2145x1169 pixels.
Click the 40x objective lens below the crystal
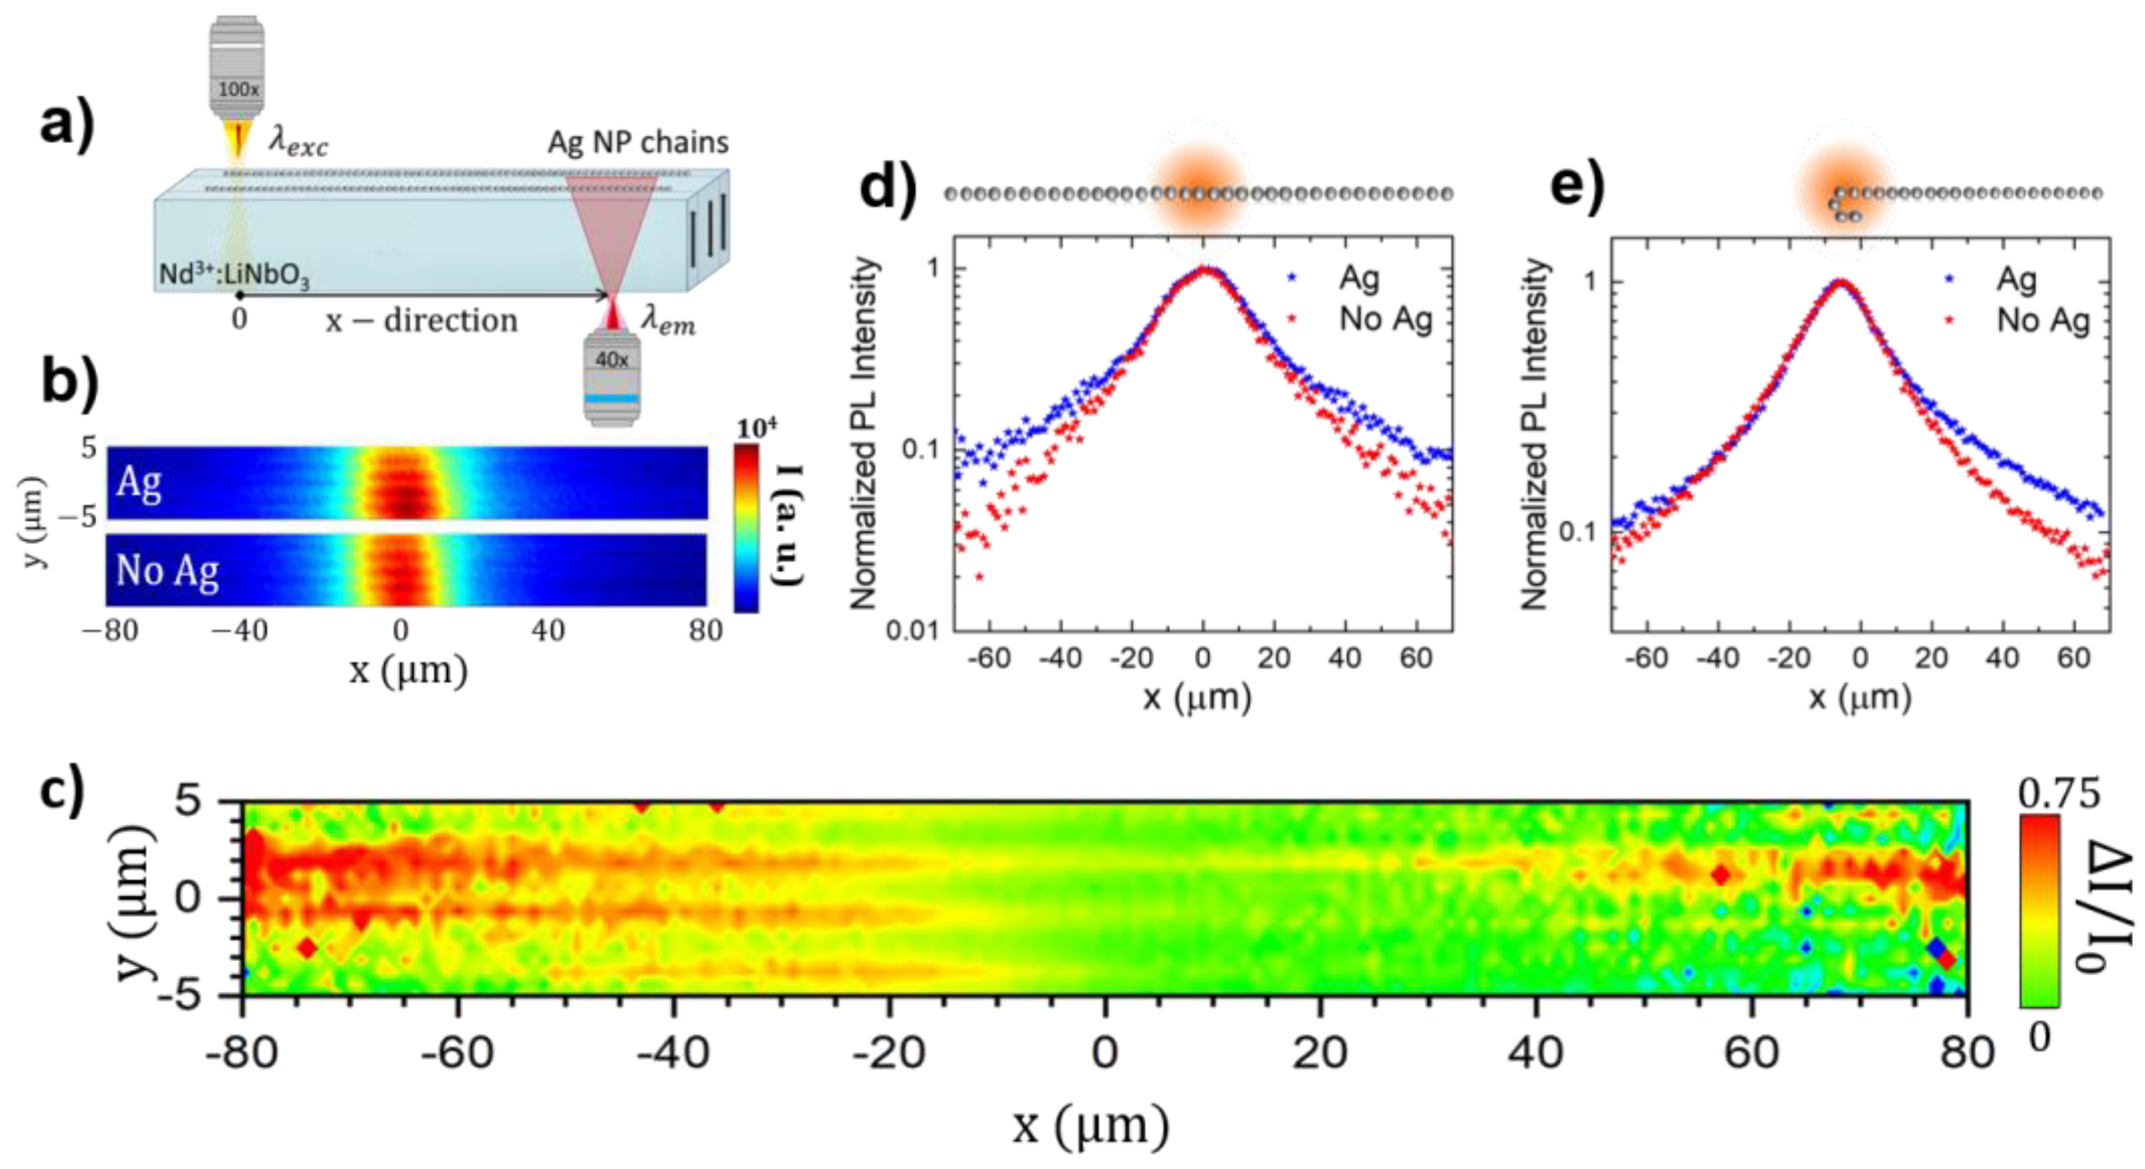(x=613, y=379)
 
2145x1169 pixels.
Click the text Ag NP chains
(x=638, y=142)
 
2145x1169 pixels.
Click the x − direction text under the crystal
(x=421, y=321)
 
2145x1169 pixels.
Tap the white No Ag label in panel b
(x=167, y=571)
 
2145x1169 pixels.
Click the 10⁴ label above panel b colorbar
(x=757, y=428)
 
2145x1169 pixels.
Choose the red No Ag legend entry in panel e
(x=2042, y=321)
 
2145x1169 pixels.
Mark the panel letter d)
(x=888, y=188)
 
